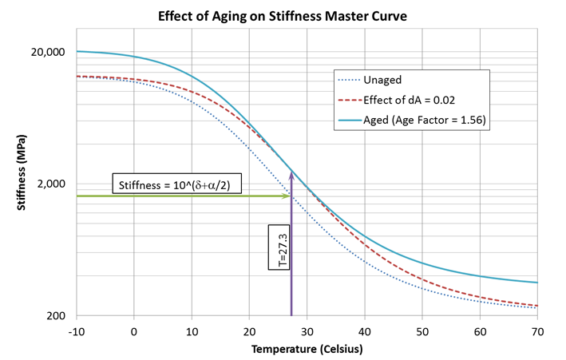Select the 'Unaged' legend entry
[382, 80]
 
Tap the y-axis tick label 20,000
[47, 52]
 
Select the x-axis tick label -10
[77, 330]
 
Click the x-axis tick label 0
[134, 330]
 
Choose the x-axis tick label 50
[422, 330]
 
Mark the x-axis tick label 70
[537, 330]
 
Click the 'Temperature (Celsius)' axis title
[307, 349]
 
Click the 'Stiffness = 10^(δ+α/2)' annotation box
[180, 185]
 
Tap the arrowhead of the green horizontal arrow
[287, 196]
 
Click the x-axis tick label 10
[192, 330]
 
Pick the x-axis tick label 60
[480, 330]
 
